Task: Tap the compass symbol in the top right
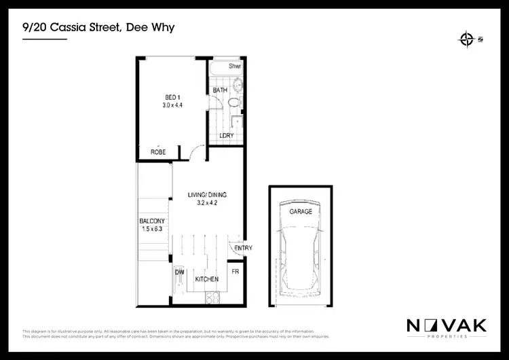466,39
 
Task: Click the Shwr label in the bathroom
235,67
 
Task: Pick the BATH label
220,90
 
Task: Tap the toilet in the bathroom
233,103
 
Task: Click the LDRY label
227,135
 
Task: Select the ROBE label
158,153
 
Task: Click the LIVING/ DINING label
206,196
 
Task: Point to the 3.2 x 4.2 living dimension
206,203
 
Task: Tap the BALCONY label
153,221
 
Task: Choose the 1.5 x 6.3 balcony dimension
153,229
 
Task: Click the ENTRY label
242,249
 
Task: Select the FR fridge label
235,272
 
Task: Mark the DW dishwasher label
180,272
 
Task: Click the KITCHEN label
206,280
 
